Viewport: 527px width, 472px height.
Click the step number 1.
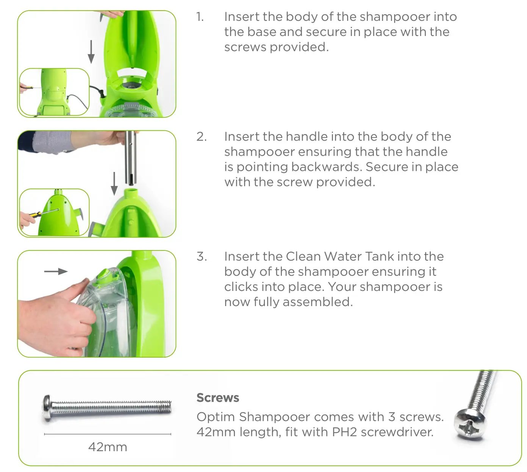200,17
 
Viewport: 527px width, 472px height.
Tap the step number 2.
202,137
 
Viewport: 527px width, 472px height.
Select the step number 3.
202,256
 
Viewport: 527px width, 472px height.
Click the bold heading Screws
218,398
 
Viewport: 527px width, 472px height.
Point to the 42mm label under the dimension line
108,447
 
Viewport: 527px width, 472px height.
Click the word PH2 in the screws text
344,432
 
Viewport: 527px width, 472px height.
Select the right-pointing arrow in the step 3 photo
56,271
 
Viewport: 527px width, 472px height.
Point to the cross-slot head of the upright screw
469,425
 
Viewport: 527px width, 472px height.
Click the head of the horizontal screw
47,408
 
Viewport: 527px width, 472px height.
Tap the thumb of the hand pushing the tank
80,288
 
